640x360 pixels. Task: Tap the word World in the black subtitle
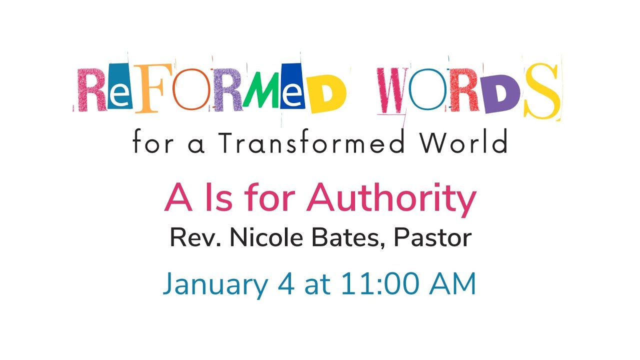pyautogui.click(x=464, y=143)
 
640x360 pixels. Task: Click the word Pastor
pyautogui.click(x=433, y=238)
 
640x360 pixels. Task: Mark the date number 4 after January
pyautogui.click(x=290, y=284)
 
